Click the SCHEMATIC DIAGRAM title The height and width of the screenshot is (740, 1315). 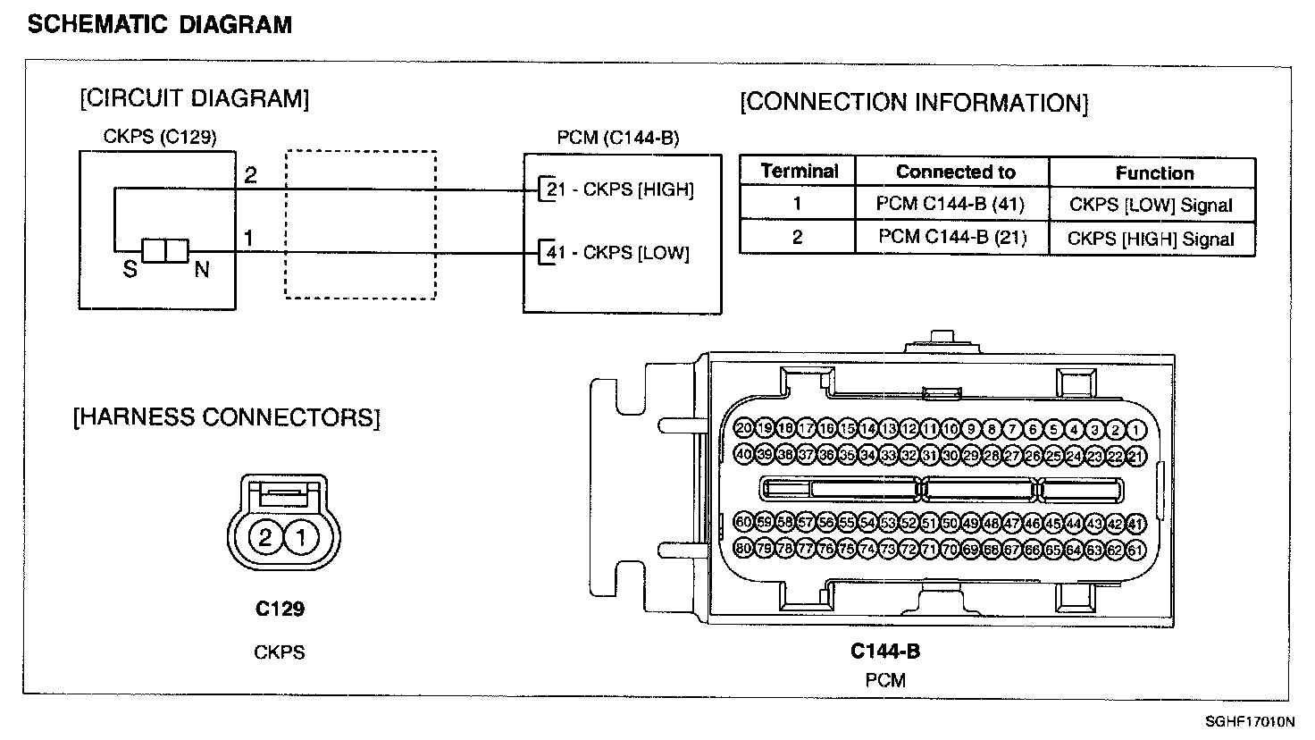pos(160,24)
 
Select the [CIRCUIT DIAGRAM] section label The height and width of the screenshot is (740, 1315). pos(195,98)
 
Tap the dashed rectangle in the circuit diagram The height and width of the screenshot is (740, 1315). pos(360,223)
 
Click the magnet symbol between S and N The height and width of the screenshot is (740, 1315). pos(166,251)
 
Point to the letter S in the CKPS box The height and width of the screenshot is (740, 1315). pos(130,269)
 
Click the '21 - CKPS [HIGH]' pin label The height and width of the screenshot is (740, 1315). pos(620,189)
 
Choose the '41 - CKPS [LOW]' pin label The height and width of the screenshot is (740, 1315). pos(618,253)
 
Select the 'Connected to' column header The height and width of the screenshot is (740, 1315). pos(955,172)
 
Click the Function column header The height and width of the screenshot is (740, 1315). pos(1154,173)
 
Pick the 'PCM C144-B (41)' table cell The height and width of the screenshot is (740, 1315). pos(951,204)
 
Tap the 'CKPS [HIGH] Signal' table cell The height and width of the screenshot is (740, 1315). pos(1151,239)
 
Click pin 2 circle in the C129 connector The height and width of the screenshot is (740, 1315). pos(265,537)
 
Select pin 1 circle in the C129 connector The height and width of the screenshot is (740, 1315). pos(301,537)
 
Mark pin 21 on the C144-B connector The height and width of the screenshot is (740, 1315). pos(1136,456)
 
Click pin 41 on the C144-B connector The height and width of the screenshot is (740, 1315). pos(1136,523)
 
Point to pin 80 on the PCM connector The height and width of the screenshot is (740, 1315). pos(743,548)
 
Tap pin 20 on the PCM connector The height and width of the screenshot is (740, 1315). pos(743,429)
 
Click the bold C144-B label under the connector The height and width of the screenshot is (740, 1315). pos(884,651)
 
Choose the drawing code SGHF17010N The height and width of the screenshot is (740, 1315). pos(1249,721)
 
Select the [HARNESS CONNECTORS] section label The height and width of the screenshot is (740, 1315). pos(227,417)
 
